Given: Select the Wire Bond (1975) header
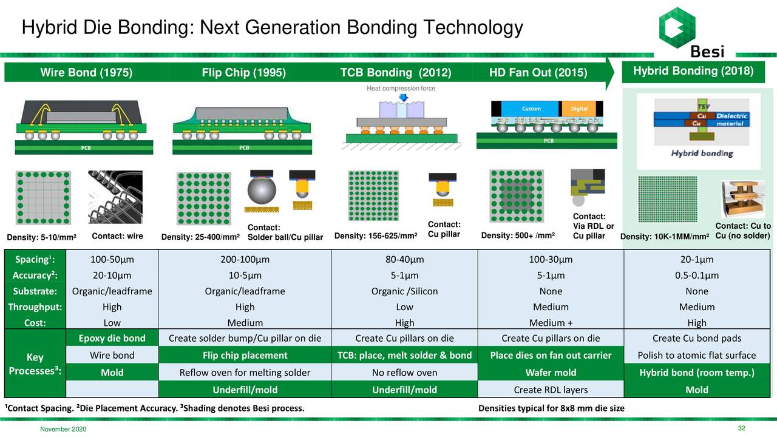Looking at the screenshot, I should [86, 73].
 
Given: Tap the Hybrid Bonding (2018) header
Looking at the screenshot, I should [693, 71].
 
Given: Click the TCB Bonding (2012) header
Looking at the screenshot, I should [395, 73].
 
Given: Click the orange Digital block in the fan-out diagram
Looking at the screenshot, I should [579, 109].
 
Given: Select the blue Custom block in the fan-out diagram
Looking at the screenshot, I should [532, 109].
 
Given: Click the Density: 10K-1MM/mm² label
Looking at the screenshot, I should [665, 236].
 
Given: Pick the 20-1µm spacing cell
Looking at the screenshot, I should [696, 260].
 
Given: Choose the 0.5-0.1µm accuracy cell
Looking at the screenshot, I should [696, 276].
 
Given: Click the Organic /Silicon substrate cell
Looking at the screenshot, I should [404, 291].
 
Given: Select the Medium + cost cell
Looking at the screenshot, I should [551, 323].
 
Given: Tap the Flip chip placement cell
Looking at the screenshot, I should [245, 355].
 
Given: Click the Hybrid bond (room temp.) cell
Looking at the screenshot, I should [696, 372].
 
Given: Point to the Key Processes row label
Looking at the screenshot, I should [35, 364].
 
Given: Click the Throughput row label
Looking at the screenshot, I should [35, 307].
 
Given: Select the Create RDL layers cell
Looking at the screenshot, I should [551, 389].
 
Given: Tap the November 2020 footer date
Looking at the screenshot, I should [63, 430].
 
